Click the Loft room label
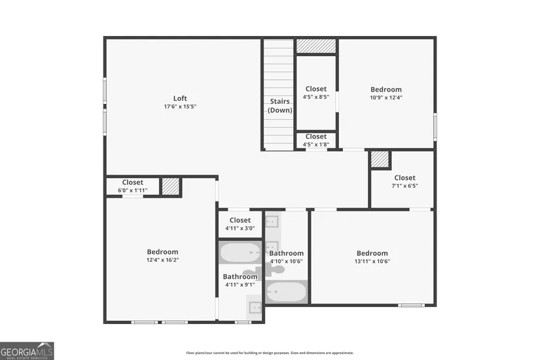coord(180,98)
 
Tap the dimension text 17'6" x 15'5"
coord(180,107)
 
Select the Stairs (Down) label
coord(279,105)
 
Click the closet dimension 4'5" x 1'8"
coord(316,145)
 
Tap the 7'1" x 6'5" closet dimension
coord(405,186)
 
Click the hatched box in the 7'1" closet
coord(380,160)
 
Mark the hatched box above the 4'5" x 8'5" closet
coord(316,46)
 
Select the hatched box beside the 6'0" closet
coord(171,187)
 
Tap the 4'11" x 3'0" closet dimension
coord(240,228)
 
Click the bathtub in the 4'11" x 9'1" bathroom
coord(240,253)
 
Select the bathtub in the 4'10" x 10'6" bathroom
coord(286,292)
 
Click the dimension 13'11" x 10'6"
coord(372,261)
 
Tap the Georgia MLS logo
coord(27,351)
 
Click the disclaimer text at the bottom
coord(270,353)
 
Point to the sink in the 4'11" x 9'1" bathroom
coord(255,306)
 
